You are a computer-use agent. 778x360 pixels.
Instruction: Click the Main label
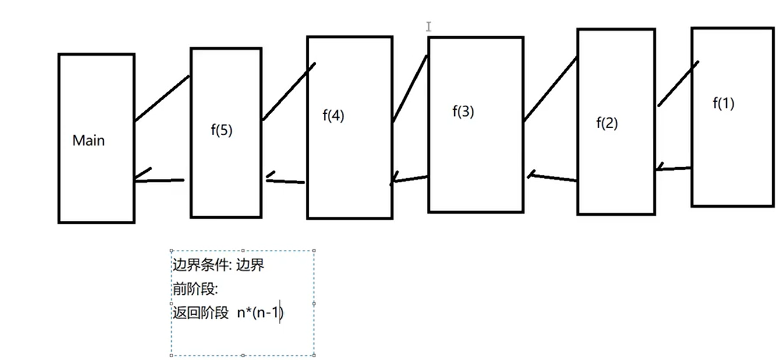(x=89, y=140)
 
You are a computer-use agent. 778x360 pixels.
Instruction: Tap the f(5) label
(x=221, y=130)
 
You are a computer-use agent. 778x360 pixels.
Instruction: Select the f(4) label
(x=333, y=115)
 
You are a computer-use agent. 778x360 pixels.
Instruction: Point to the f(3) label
(x=463, y=112)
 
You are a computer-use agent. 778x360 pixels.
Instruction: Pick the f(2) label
(x=607, y=123)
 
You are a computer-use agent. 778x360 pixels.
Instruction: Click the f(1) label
(x=723, y=104)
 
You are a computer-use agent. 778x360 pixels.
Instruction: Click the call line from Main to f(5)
(x=162, y=98)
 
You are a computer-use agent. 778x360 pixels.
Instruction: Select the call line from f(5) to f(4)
(x=289, y=91)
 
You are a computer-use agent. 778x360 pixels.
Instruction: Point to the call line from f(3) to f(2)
(x=550, y=89)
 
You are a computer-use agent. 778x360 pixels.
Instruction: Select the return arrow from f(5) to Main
(x=158, y=180)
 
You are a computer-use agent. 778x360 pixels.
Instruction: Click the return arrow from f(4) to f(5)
(x=285, y=181)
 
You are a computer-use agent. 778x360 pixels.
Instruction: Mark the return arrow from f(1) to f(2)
(x=673, y=169)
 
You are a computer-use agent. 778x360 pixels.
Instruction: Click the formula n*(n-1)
(x=260, y=313)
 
